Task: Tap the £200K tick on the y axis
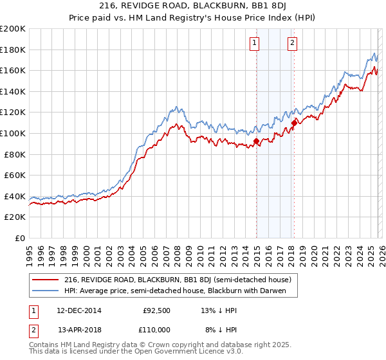(13, 29)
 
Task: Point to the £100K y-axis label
(13, 133)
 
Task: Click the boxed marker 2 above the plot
(293, 43)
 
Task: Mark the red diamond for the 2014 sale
(256, 141)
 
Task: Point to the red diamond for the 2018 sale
(294, 123)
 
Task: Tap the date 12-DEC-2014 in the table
(79, 310)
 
